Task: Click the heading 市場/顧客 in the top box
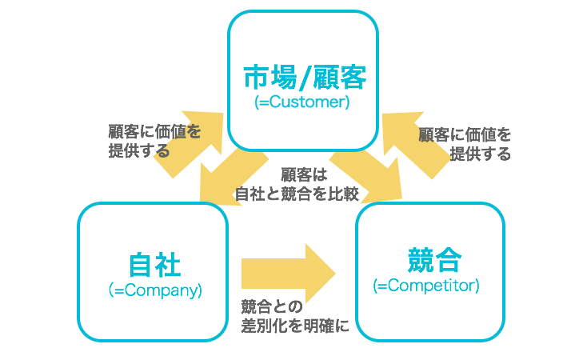(x=304, y=78)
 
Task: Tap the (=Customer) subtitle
(x=302, y=103)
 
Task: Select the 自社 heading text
(x=154, y=265)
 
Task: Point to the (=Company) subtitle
(x=154, y=290)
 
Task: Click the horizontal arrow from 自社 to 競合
(x=288, y=270)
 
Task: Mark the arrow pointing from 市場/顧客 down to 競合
(x=369, y=178)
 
